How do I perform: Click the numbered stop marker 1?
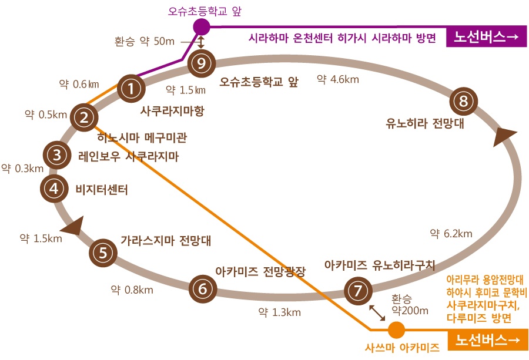131,89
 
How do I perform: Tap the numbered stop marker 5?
103,253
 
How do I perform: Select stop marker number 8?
464,101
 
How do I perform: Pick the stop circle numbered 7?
358,291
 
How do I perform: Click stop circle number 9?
202,63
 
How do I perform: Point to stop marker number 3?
57,155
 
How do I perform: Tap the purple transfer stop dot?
202,27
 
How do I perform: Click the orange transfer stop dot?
396,329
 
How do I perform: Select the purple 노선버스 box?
486,37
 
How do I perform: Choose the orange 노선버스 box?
487,341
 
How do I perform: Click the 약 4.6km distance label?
338,79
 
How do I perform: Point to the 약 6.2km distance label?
451,234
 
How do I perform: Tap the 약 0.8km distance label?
132,290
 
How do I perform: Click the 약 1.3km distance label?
279,312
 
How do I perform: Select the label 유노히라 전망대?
425,123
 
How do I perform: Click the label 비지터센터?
102,190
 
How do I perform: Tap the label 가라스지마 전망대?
166,241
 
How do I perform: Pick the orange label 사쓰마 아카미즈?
402,348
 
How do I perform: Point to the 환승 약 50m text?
145,42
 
